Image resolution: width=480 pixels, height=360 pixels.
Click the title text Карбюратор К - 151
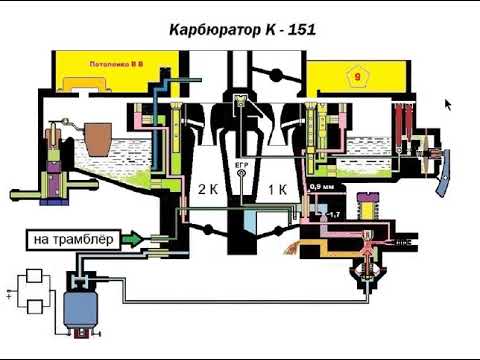coord(239,31)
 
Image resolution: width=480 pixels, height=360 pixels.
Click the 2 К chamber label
coord(206,189)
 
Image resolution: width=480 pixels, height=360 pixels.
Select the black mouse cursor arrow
coord(446,102)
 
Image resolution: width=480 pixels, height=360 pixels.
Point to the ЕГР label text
coord(240,163)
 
